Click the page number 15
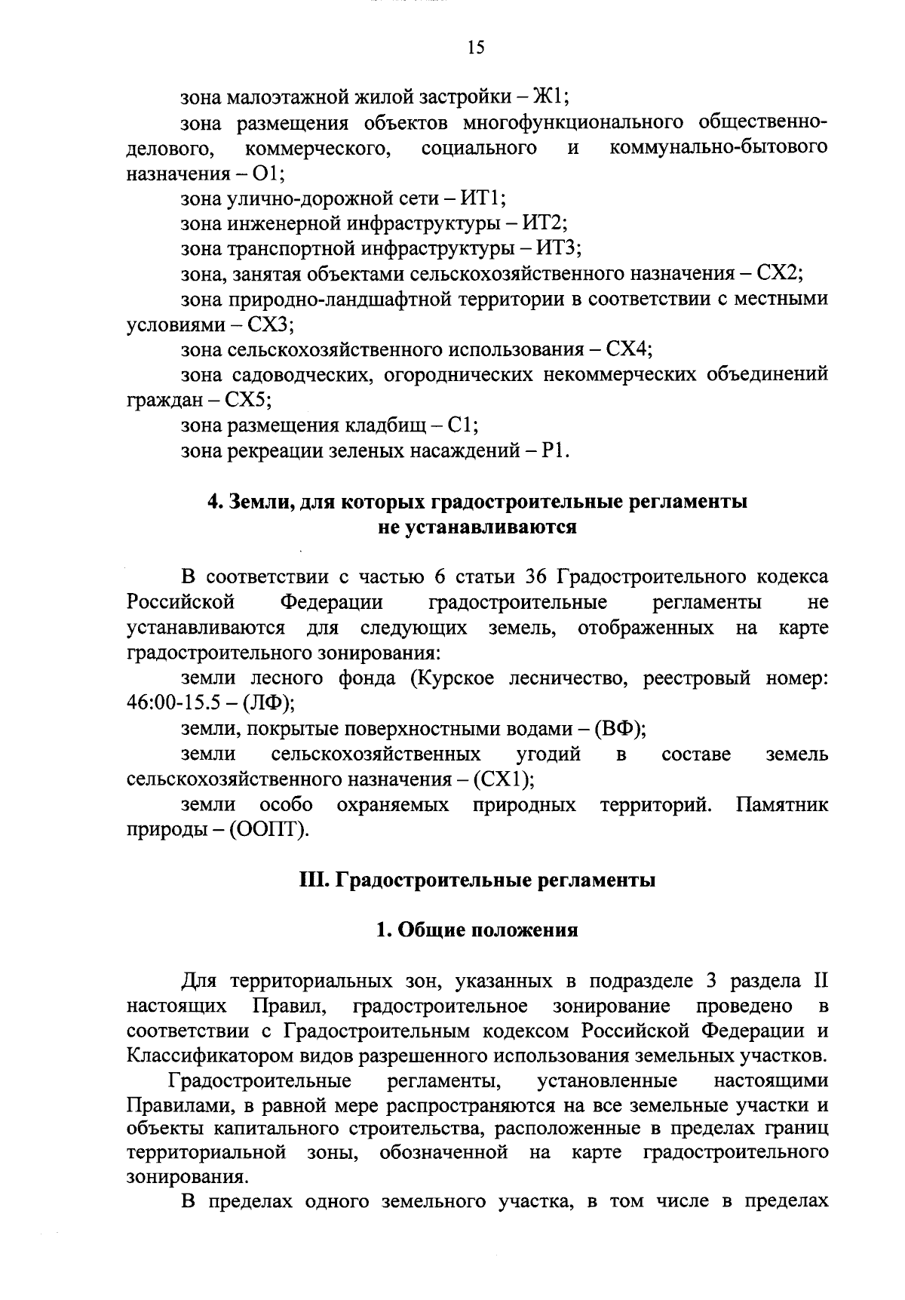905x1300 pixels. point(476,48)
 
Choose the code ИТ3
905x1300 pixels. point(557,249)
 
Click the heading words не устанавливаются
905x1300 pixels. point(477,527)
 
